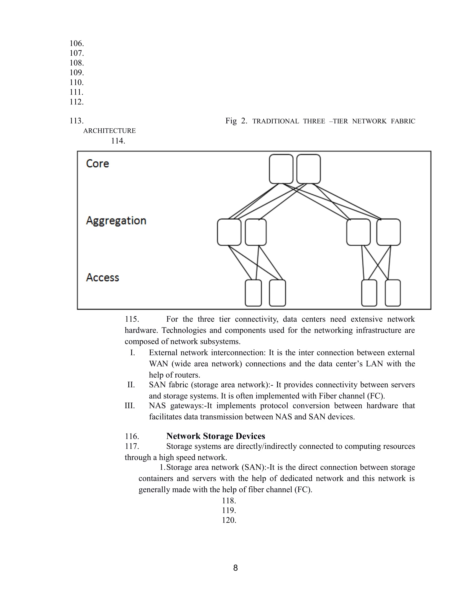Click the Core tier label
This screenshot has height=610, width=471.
pyautogui.click(x=97, y=164)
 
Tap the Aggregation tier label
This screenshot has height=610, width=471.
pyautogui.click(x=116, y=221)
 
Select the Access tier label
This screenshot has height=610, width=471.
pyautogui.click(x=103, y=278)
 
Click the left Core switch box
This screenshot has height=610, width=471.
pyautogui.click(x=281, y=169)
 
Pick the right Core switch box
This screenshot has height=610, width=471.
pyautogui.click(x=308, y=169)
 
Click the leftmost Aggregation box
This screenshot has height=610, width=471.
pyautogui.click(x=229, y=232)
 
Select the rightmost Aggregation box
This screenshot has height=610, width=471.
pyautogui.click(x=388, y=232)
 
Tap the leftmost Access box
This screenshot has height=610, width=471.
pyautogui.click(x=253, y=293)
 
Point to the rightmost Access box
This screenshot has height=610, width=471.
pyautogui.click(x=393, y=293)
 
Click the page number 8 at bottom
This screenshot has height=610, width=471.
pyautogui.click(x=235, y=568)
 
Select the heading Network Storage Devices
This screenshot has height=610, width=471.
pyautogui.click(x=215, y=436)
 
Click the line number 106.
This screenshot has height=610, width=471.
pyautogui.click(x=76, y=44)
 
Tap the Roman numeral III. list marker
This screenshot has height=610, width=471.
pyautogui.click(x=130, y=406)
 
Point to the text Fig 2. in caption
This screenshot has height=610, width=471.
pyautogui.click(x=236, y=121)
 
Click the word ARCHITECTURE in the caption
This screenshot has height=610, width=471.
pyautogui.click(x=109, y=131)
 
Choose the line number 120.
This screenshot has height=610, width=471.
pyautogui.click(x=229, y=520)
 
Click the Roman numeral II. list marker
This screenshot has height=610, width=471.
pyautogui.click(x=131, y=385)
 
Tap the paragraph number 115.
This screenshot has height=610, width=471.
pyautogui.click(x=132, y=319)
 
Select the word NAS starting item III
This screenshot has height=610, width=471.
pyautogui.click(x=157, y=406)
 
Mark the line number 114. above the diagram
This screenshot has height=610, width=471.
pyautogui.click(x=118, y=141)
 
